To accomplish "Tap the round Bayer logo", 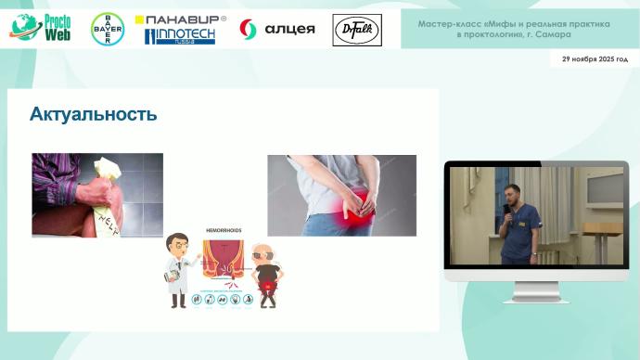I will (107, 30).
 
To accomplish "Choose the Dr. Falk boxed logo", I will (350, 30).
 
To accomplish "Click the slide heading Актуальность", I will (93, 115).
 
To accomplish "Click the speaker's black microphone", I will (506, 211).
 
